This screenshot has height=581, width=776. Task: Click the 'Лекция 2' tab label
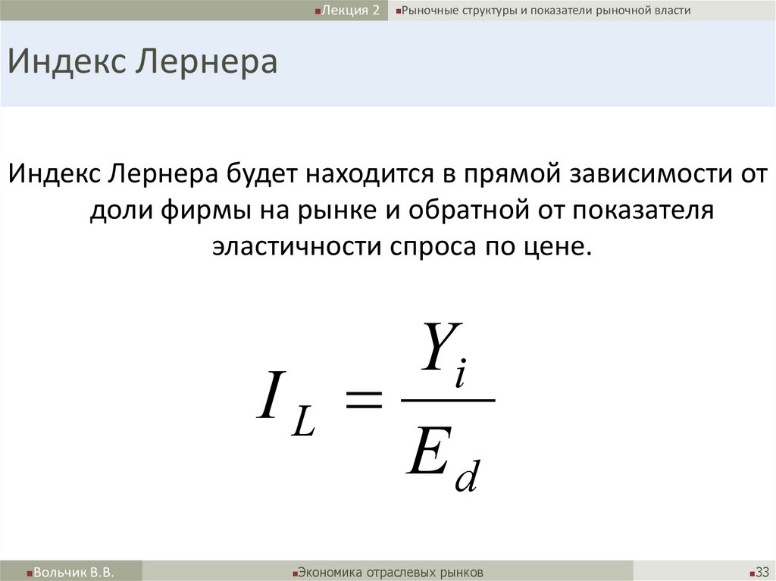351,11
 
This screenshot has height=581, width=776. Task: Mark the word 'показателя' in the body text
643,211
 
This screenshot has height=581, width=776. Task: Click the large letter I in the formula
270,398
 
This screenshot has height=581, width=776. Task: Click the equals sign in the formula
364,399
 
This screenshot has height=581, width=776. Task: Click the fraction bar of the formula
447,398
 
